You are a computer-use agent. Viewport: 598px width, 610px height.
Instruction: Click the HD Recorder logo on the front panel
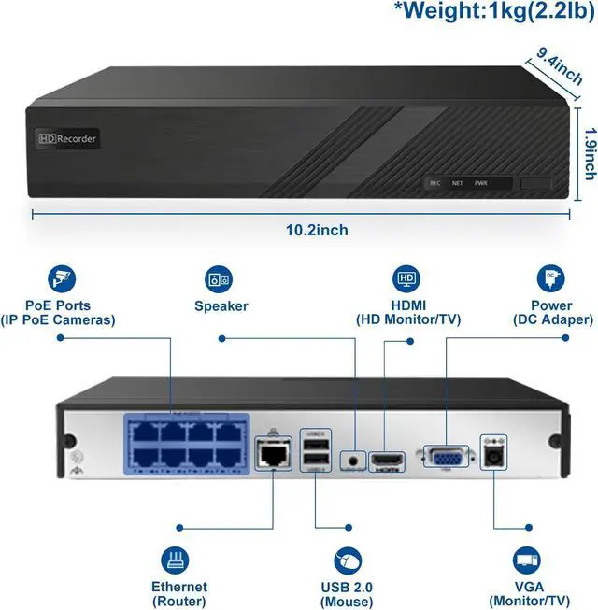tap(67, 138)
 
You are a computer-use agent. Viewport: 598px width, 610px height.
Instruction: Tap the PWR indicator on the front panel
tap(481, 183)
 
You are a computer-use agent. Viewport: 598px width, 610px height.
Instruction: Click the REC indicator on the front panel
tap(434, 183)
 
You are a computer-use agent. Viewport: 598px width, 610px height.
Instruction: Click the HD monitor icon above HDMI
tap(407, 277)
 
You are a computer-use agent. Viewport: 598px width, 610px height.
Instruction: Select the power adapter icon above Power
tap(551, 277)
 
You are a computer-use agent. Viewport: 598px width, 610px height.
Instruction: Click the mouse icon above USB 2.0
tap(347, 560)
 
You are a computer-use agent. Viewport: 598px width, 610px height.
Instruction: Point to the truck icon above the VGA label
tap(524, 560)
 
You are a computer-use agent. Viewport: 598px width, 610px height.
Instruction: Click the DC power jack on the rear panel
tap(492, 457)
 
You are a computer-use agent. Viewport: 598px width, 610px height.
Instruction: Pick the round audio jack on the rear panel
tap(352, 460)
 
